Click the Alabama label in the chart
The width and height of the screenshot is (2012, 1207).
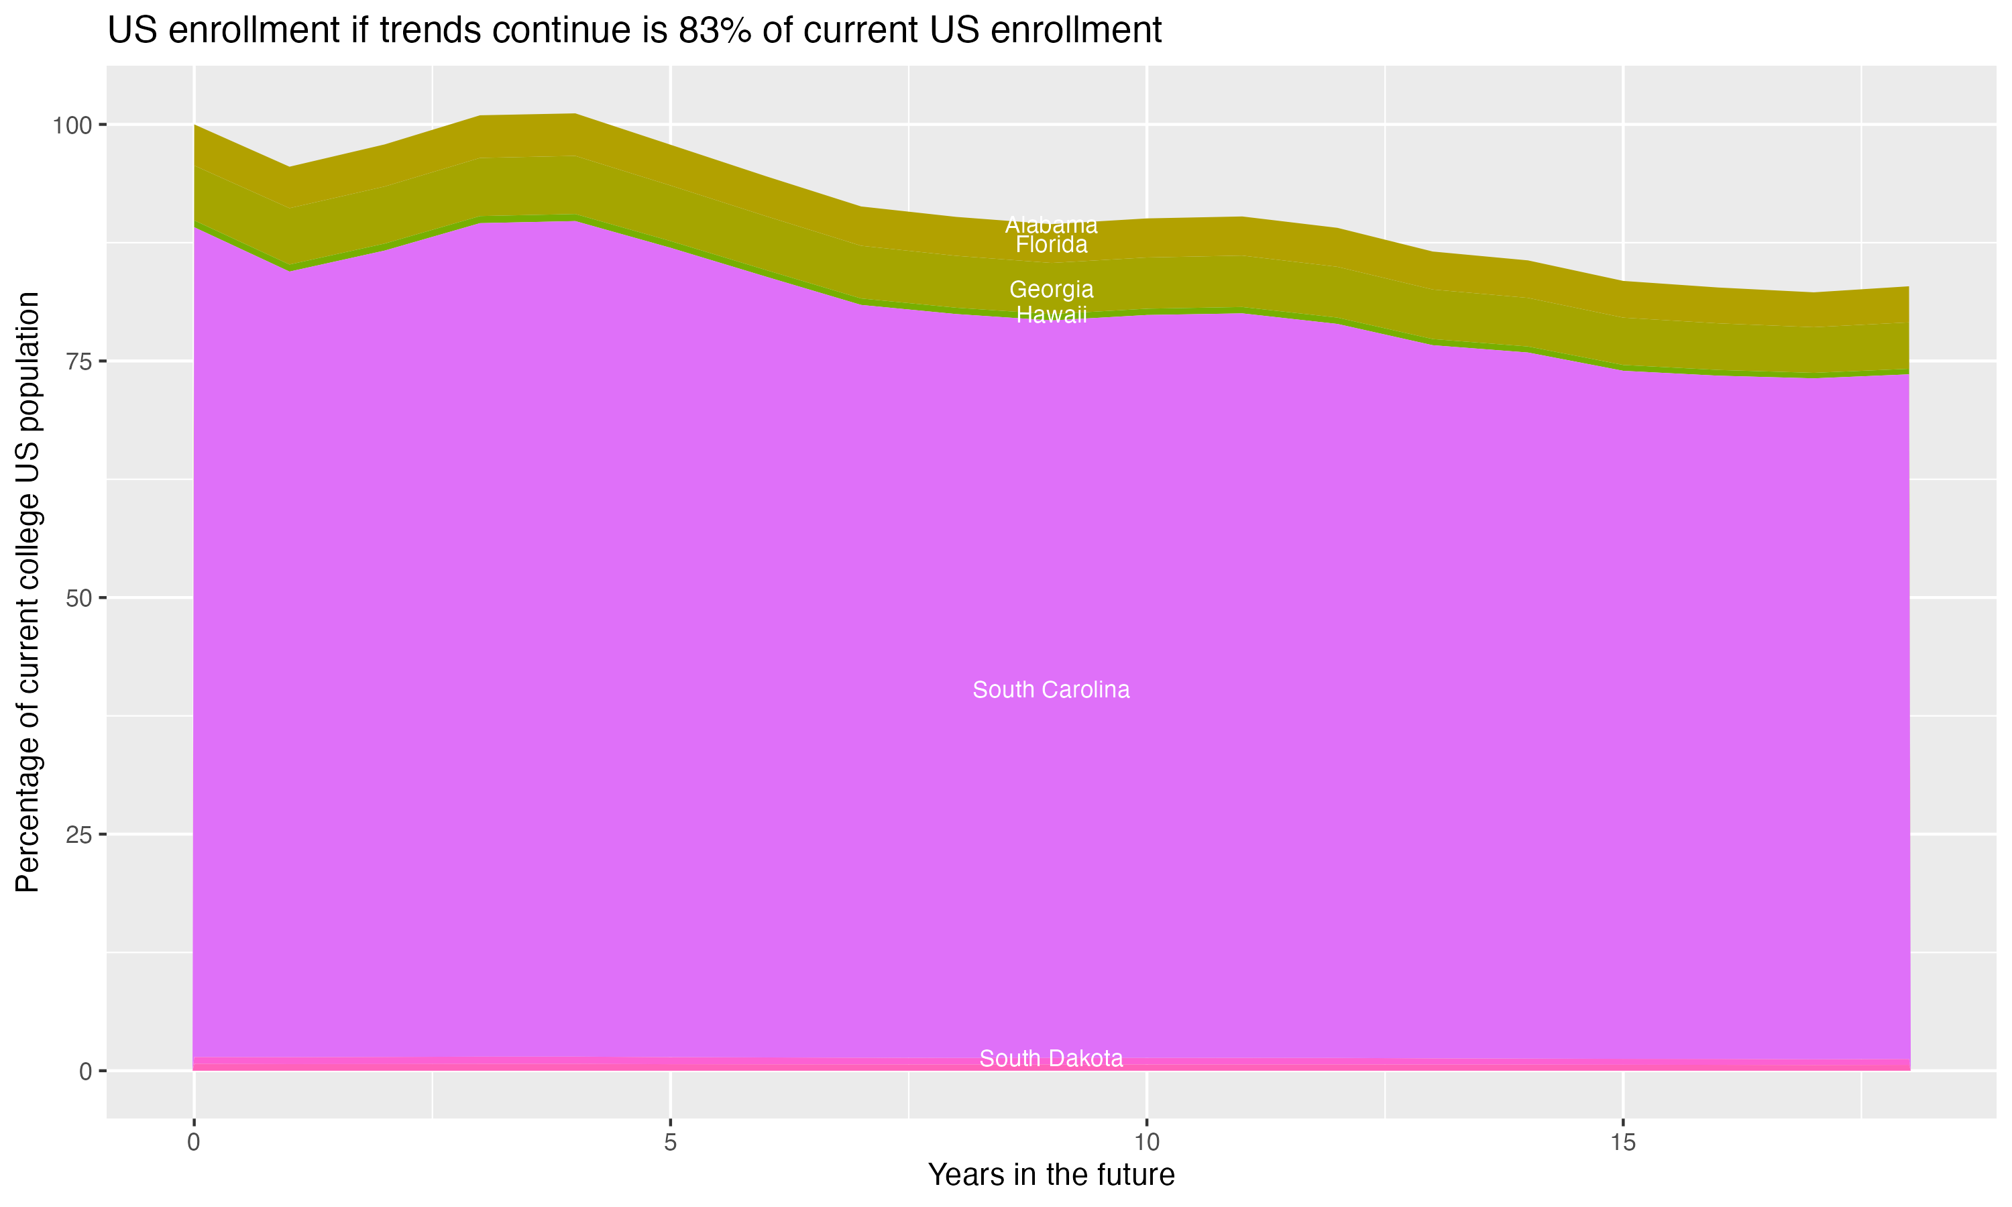click(1051, 225)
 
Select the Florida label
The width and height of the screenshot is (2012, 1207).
click(1051, 245)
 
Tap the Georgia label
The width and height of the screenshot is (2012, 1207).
click(1051, 290)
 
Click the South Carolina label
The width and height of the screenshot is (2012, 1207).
click(1051, 690)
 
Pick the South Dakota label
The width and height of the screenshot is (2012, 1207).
click(1051, 1058)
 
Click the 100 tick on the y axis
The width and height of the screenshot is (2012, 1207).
click(73, 125)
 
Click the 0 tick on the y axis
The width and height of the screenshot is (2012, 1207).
click(85, 1071)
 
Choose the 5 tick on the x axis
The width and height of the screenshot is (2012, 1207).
click(670, 1143)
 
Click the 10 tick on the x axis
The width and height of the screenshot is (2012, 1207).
click(1146, 1143)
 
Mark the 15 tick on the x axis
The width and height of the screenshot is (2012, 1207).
click(1622, 1143)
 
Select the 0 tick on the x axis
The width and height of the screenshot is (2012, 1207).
click(194, 1143)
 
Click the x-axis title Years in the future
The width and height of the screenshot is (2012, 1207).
click(1051, 1174)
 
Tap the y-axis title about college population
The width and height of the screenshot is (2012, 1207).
click(27, 591)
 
